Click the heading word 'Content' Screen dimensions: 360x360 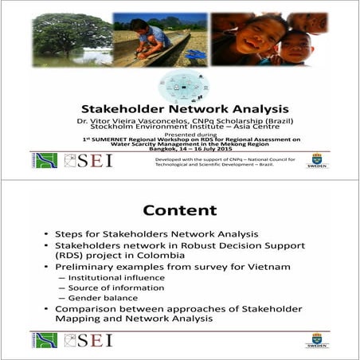179,210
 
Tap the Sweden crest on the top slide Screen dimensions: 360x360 317,159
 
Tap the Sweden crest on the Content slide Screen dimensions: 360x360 317,339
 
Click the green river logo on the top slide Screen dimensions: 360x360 45,160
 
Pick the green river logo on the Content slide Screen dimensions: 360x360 45,339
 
